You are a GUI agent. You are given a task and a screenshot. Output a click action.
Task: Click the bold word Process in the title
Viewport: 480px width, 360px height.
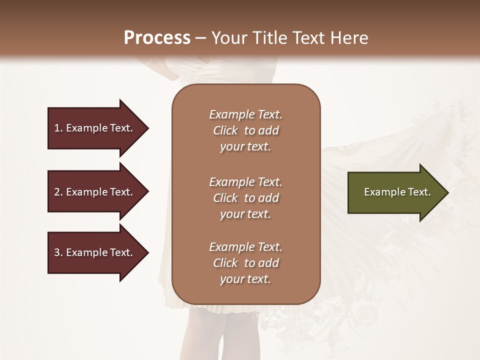157,37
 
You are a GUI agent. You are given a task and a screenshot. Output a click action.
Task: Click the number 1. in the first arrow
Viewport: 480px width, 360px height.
58,128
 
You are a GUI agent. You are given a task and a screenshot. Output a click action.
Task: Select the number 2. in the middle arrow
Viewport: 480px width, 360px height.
58,192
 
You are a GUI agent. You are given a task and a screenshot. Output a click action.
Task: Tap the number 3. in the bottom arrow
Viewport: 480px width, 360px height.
58,252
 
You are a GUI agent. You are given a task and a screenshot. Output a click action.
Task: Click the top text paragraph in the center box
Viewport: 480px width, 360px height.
245,130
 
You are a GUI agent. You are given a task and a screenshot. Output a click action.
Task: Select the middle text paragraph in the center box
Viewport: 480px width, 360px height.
245,198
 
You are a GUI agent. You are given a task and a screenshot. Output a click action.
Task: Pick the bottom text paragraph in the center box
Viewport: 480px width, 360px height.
245,263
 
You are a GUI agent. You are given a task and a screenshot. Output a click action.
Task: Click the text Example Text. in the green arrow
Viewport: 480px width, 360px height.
397,192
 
